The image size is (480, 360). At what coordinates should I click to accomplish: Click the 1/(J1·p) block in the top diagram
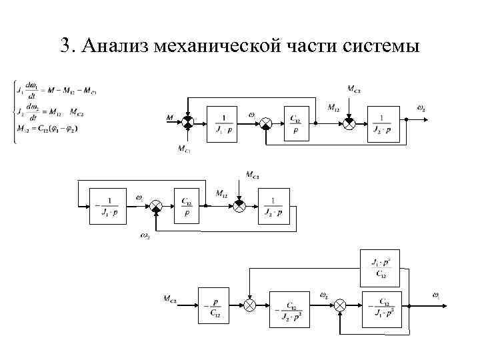click(x=224, y=123)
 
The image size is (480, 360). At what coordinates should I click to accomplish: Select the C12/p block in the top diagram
click(x=295, y=123)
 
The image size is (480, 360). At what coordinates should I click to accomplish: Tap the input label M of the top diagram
click(x=170, y=119)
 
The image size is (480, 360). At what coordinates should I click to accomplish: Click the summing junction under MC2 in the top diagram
click(x=348, y=123)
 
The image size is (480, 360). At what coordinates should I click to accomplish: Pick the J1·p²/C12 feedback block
click(x=379, y=267)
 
